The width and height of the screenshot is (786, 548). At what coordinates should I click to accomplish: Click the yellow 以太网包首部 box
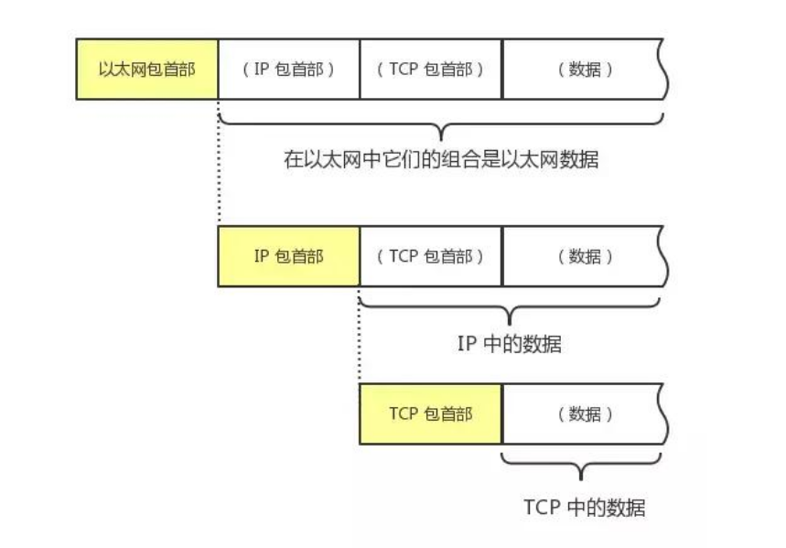[x=146, y=69]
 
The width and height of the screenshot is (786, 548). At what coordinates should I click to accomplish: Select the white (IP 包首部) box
[x=289, y=69]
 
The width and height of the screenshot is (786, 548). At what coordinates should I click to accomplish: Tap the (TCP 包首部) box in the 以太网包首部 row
[x=431, y=69]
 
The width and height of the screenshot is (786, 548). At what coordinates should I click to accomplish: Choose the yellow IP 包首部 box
[x=289, y=256]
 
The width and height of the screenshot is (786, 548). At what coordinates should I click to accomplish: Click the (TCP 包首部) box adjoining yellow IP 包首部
[x=431, y=256]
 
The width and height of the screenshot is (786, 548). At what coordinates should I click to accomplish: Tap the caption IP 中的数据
[x=509, y=345]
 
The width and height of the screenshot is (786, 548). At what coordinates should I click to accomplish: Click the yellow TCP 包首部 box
[x=431, y=414]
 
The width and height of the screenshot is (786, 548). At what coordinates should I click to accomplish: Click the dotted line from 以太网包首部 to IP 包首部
[x=220, y=165]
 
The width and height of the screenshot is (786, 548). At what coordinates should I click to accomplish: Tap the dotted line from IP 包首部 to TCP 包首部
[x=360, y=334]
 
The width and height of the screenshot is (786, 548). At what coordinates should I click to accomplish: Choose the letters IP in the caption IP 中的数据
[x=467, y=345]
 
